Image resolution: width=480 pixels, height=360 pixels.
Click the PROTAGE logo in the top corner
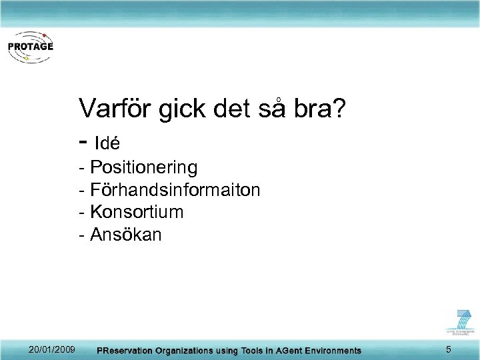[29, 47]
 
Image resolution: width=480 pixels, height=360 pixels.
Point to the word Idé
[107, 143]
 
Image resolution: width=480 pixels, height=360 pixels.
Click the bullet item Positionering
[143, 167]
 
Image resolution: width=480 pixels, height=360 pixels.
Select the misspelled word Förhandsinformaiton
[175, 190]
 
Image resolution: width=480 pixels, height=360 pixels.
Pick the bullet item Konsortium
[137, 213]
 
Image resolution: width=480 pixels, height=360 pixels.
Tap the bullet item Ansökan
[126, 235]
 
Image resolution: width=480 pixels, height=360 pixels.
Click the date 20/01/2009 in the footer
[51, 350]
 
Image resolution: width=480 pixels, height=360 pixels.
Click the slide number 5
[449, 350]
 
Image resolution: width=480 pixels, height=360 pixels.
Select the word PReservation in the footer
[126, 351]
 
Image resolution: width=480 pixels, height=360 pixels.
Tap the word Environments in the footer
[331, 351]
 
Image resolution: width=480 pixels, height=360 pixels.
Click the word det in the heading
[233, 109]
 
